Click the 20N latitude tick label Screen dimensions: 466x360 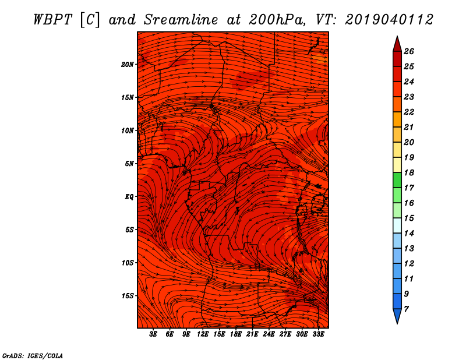point(127,65)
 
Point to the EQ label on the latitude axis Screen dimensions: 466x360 point(129,197)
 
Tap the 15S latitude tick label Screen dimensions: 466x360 point(127,296)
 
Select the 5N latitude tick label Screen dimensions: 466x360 point(129,164)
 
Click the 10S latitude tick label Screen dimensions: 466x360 point(127,263)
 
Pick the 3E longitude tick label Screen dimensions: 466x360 point(153,334)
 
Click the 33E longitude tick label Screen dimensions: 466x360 point(318,334)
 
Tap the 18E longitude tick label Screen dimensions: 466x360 point(236,334)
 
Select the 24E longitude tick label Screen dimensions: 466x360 point(269,334)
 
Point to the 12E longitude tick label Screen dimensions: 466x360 point(203,334)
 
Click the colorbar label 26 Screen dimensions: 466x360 point(409,51)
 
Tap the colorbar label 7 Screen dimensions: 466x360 point(406,309)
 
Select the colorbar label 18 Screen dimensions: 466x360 point(409,172)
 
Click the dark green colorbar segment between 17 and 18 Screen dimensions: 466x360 point(397,180)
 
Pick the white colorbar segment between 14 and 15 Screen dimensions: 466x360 point(397,225)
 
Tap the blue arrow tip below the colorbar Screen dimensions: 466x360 point(397,323)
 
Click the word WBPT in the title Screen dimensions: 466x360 point(52,20)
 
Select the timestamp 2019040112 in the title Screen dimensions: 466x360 point(389,20)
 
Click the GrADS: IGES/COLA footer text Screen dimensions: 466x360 point(33,356)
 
